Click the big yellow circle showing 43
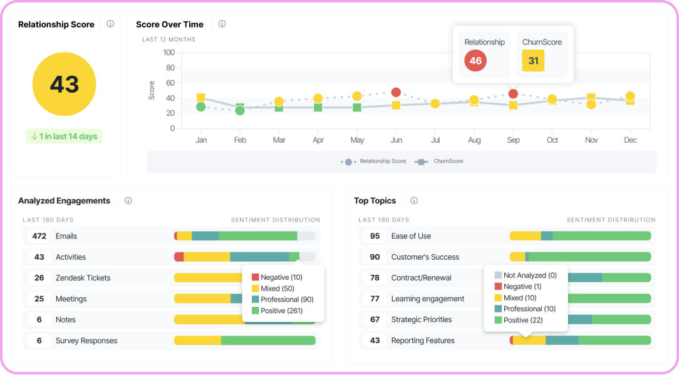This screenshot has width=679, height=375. click(x=64, y=84)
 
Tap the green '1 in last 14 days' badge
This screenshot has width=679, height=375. click(x=64, y=136)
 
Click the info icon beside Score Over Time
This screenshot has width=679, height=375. click(x=222, y=24)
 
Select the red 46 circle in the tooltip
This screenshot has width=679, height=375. click(x=475, y=61)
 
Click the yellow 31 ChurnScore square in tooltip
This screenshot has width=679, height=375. click(x=533, y=61)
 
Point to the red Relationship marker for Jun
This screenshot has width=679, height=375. click(x=396, y=92)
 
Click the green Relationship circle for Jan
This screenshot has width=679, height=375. click(x=200, y=106)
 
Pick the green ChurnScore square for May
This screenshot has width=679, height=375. click(x=357, y=107)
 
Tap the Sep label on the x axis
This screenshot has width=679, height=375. click(x=513, y=140)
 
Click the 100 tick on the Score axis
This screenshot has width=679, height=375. click(x=168, y=53)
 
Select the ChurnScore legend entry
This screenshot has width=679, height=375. click(x=439, y=161)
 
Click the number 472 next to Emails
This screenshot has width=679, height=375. click(x=39, y=236)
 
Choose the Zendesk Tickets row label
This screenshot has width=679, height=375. click(x=83, y=278)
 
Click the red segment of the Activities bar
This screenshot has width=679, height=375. click(x=179, y=257)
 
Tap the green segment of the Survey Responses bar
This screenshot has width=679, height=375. click(x=269, y=341)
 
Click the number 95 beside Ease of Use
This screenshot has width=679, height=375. click(x=375, y=236)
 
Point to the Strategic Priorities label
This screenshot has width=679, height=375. click(x=422, y=319)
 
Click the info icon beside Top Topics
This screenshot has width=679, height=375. click(x=414, y=200)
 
